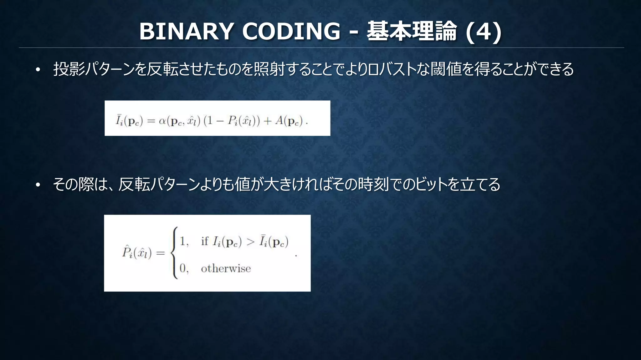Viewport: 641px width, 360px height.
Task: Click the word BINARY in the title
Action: [186, 31]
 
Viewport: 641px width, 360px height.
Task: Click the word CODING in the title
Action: [291, 31]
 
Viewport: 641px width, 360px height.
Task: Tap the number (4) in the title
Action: [484, 31]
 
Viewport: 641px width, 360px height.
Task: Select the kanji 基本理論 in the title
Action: [412, 31]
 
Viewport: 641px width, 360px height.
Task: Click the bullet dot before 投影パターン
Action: [38, 70]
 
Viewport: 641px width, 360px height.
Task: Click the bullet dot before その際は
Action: [38, 185]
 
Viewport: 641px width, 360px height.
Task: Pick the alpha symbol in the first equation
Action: [162, 121]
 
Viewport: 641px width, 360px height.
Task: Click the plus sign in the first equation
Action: [267, 121]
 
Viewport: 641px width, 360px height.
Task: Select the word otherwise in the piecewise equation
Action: [226, 269]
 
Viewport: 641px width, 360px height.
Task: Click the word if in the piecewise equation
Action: [205, 241]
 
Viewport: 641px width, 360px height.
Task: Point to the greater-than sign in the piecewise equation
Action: [250, 242]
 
